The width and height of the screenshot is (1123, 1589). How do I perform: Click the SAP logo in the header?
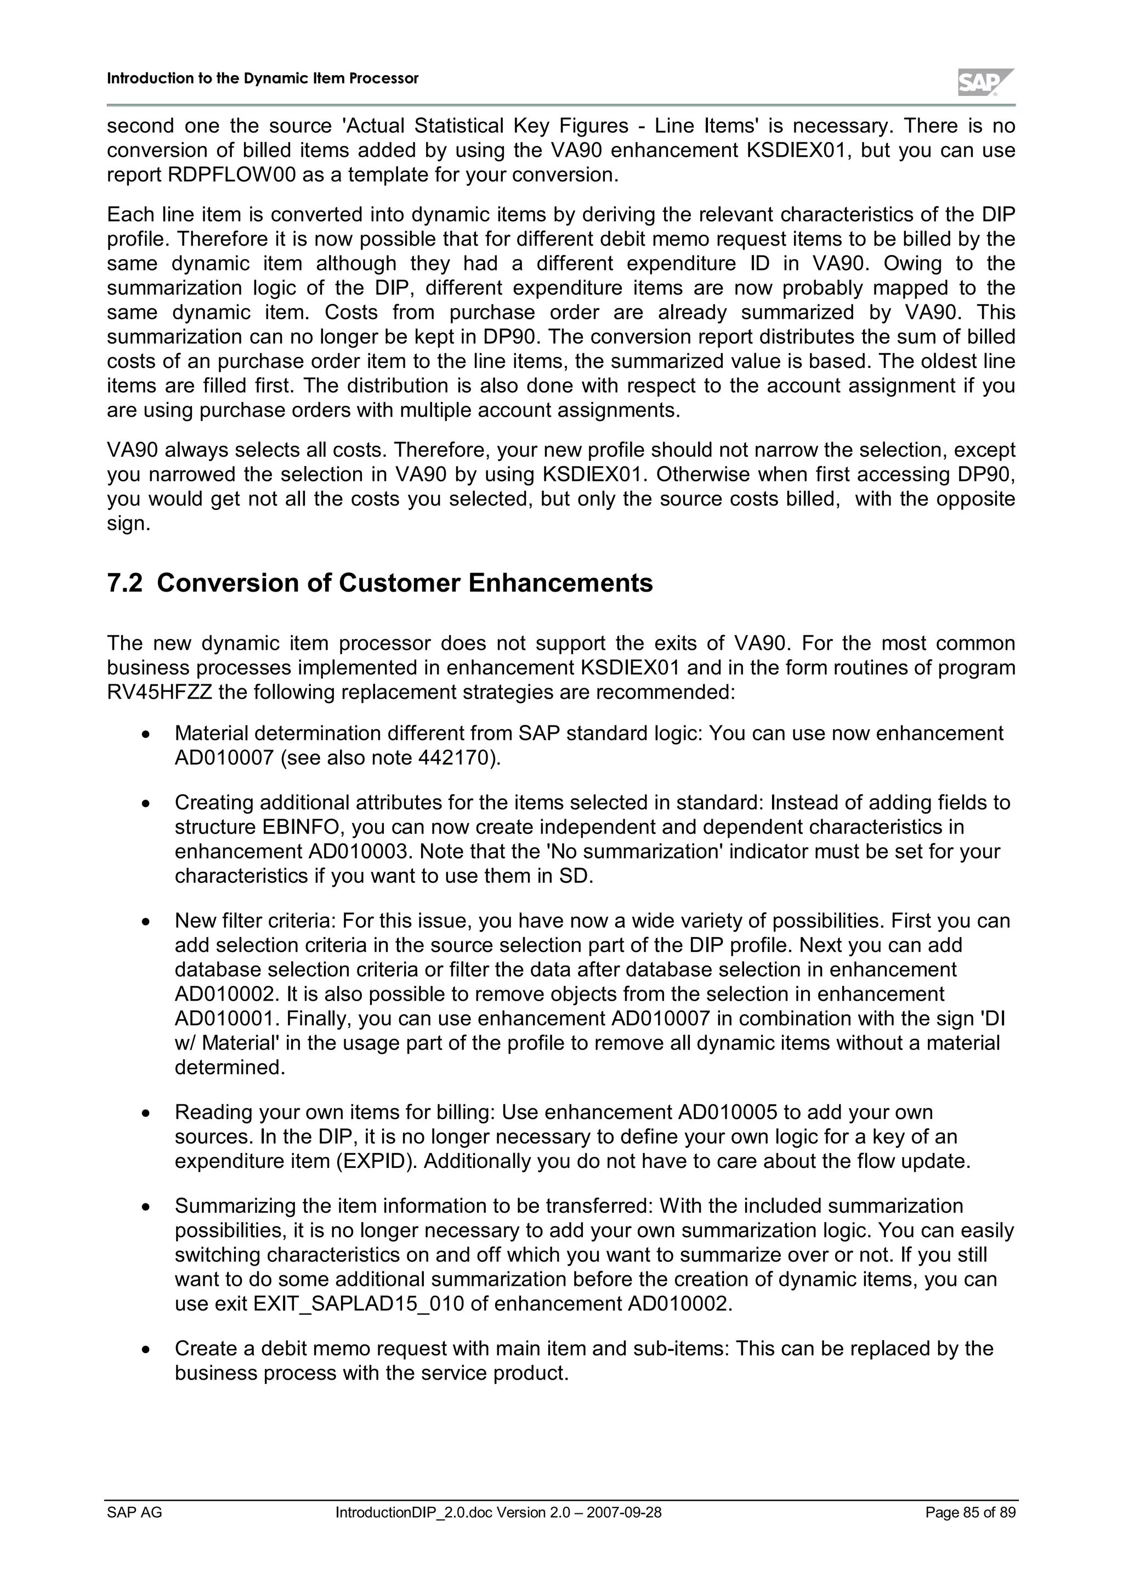click(x=985, y=82)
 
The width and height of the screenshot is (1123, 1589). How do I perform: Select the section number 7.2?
click(x=124, y=583)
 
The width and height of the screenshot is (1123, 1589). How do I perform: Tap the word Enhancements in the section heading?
click(x=560, y=583)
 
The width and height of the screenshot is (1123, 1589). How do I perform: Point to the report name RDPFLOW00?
click(x=232, y=175)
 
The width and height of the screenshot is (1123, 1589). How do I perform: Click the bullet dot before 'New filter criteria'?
click(x=145, y=922)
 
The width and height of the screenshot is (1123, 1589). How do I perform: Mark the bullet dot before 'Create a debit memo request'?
click(x=145, y=1349)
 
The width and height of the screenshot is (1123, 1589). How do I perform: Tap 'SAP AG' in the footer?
click(x=134, y=1513)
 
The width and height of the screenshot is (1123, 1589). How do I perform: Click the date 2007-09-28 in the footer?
click(x=623, y=1513)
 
